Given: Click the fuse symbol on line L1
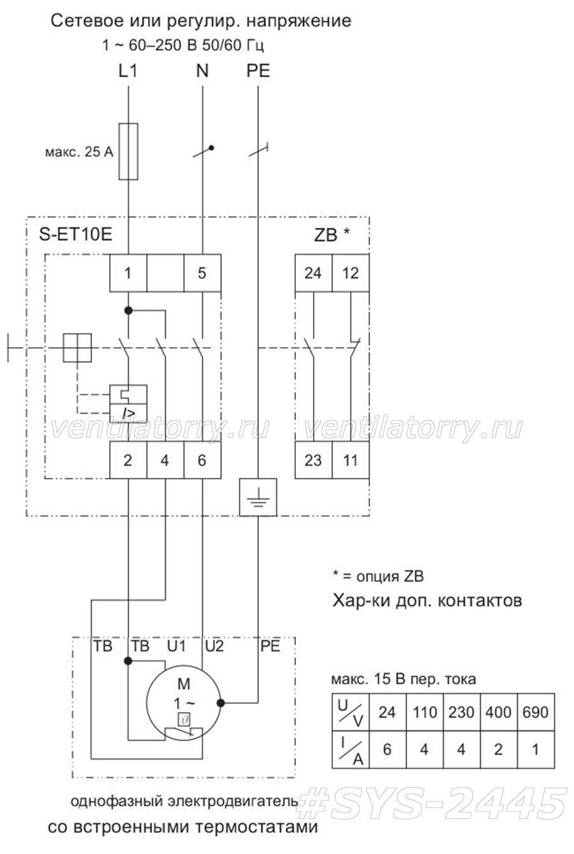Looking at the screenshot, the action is [x=128, y=151].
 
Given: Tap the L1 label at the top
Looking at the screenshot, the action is [x=128, y=71].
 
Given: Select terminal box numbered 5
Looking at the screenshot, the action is [x=202, y=273].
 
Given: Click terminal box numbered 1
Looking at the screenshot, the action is [x=128, y=273].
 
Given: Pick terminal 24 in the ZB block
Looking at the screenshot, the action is [x=314, y=273].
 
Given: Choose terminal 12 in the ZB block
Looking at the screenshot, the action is [x=350, y=273].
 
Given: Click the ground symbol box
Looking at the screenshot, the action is [x=258, y=497].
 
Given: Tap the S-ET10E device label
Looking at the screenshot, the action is [x=76, y=234].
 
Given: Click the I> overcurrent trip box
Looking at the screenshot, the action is [x=128, y=413].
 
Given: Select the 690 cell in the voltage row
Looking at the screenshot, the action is [x=536, y=712].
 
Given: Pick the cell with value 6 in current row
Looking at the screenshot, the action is [x=387, y=749].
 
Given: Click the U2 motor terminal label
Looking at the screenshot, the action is [x=214, y=646].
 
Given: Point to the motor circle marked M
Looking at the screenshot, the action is [x=184, y=703].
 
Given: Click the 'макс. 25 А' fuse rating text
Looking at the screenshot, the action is [x=79, y=152].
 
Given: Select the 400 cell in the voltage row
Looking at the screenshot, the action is [x=499, y=712].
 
